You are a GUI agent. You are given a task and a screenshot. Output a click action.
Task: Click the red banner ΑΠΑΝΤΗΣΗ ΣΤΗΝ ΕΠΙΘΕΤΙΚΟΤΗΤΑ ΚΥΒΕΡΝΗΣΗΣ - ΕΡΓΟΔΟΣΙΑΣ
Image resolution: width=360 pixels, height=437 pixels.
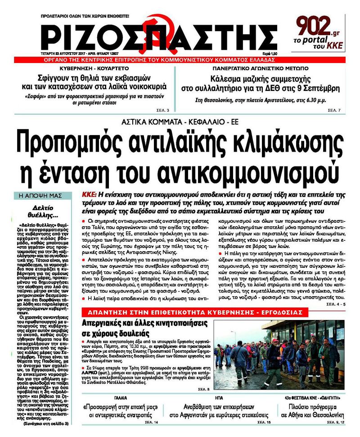(x=194, y=312)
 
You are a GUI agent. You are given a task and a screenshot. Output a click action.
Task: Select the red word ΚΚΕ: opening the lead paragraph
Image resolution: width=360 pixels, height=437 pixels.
(x=89, y=194)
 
